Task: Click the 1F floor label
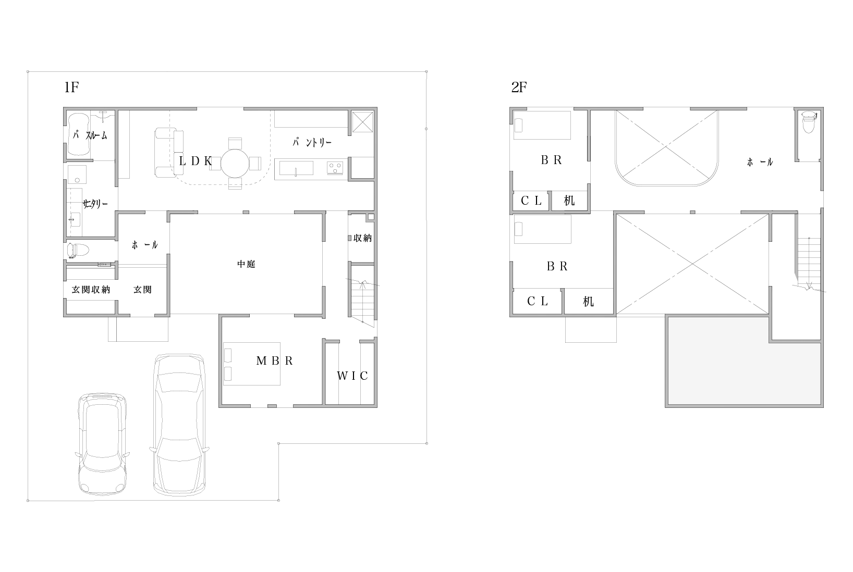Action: coord(71,88)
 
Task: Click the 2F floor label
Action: coord(519,88)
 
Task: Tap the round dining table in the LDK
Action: coord(235,163)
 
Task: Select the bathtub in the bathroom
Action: coord(79,134)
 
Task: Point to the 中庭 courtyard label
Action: coord(246,264)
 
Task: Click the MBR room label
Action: coord(275,361)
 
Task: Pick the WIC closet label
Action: coord(352,376)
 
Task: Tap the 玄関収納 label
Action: coord(91,290)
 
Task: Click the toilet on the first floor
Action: coord(78,251)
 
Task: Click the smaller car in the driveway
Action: coord(102,444)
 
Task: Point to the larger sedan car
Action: coord(179,425)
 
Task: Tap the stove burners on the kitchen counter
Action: coord(335,168)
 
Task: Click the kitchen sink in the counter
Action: coord(296,168)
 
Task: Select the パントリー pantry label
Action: coord(312,143)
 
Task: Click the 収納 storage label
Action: coord(362,238)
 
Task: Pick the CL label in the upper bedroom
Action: coord(531,201)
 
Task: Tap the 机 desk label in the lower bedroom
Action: coord(588,302)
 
